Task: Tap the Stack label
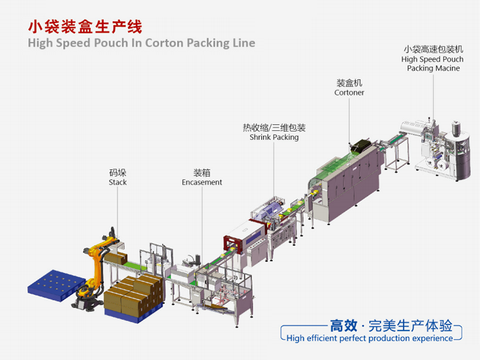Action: tap(118, 182)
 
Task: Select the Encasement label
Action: tap(202, 182)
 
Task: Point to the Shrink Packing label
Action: tap(274, 137)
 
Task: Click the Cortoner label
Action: tap(349, 93)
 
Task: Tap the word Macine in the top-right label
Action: tap(447, 68)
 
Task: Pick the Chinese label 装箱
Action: tap(202, 173)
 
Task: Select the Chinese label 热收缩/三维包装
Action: tap(274, 128)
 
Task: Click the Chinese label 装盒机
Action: tap(349, 83)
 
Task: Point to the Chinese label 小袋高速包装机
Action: tap(433, 49)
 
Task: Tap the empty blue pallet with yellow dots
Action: tap(55, 286)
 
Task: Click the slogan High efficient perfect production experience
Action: tap(370, 338)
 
